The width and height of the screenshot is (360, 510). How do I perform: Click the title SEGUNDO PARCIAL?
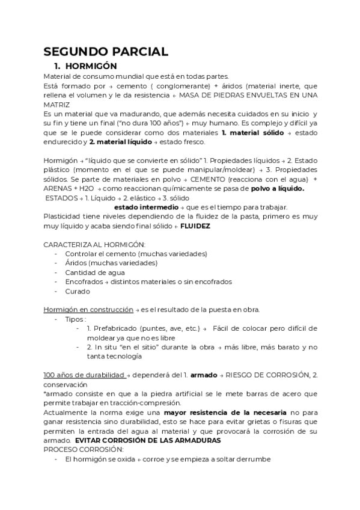[x=106, y=52]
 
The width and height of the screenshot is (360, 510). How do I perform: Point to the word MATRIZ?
[x=57, y=104]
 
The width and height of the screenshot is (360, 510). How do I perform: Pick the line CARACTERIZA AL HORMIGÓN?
[x=94, y=245]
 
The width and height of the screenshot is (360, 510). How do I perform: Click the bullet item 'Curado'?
[x=78, y=291]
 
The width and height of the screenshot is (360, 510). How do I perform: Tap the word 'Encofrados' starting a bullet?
[x=84, y=281]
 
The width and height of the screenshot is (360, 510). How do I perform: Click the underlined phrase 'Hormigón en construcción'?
[x=88, y=310]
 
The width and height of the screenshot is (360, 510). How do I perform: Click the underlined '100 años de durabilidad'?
[x=84, y=375]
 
